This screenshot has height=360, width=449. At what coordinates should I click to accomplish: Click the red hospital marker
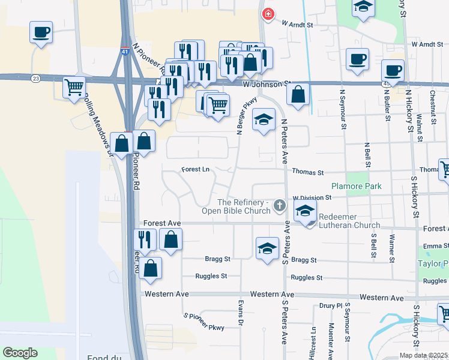(x=268, y=13)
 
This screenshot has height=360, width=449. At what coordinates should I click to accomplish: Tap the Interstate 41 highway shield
(x=125, y=51)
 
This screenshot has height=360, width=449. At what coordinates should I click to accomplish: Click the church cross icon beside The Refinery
(x=279, y=206)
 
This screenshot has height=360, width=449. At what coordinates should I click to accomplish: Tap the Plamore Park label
(x=357, y=186)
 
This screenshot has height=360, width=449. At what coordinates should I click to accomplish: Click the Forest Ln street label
(x=196, y=170)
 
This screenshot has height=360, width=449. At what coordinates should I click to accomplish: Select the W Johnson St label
(x=267, y=85)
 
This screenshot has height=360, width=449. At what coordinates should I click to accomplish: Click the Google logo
(x=20, y=352)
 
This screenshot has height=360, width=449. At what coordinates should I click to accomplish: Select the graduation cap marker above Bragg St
(x=267, y=248)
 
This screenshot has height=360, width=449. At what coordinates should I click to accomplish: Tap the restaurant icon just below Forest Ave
(x=145, y=239)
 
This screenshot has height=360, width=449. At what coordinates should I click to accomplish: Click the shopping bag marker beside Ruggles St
(x=151, y=268)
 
